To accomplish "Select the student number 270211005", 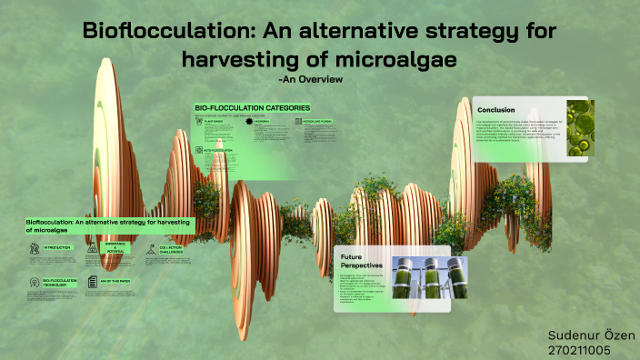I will (x=579, y=349).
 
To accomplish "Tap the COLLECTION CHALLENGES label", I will (x=173, y=249).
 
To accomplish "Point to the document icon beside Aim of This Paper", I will (x=92, y=283).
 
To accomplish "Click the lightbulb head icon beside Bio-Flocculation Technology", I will (x=34, y=284).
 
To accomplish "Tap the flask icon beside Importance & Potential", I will (x=92, y=247).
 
